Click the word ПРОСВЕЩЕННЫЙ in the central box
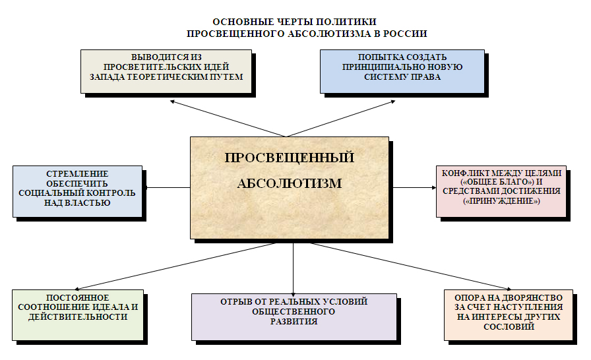click(290, 158)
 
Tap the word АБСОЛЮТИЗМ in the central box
click(290, 183)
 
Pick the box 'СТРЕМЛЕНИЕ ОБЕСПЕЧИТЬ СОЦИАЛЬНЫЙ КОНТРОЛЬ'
click(77, 191)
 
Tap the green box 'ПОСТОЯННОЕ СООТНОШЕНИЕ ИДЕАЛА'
click(77, 314)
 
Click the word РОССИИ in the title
click(408, 34)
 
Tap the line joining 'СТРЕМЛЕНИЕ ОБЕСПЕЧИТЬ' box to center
click(166, 188)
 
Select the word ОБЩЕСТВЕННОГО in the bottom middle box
click(294, 311)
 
